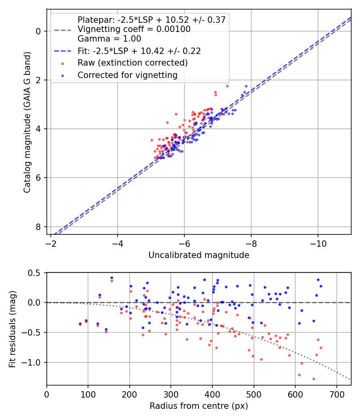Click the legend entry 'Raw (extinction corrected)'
(132, 63)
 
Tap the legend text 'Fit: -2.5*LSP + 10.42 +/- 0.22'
(139, 51)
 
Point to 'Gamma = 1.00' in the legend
(109, 39)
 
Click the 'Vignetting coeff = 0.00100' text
(134, 29)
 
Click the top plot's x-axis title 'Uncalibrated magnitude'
(199, 255)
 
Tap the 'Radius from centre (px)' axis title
(199, 406)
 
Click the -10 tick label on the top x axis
(318, 244)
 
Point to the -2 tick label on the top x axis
(51, 244)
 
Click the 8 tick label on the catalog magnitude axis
(39, 227)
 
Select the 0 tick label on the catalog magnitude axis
(39, 31)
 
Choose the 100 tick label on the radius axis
(88, 394)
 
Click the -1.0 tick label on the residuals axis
(34, 362)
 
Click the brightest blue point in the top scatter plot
(246, 86)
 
